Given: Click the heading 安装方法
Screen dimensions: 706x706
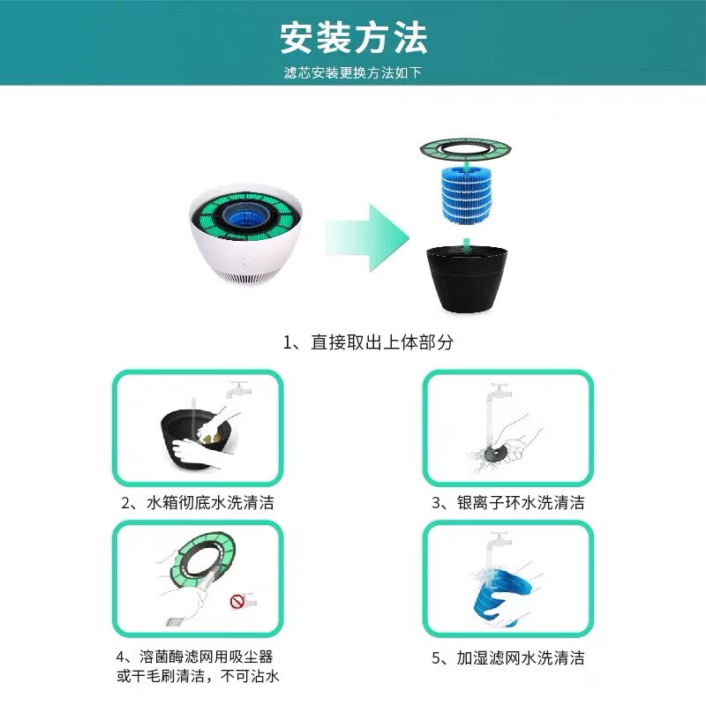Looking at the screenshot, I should tap(353, 38).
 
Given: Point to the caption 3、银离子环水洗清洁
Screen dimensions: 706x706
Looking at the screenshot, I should tap(507, 503).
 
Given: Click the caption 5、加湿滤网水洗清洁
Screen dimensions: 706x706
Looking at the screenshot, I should tap(507, 657).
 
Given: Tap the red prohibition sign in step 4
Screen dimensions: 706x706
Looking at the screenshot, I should tap(237, 602).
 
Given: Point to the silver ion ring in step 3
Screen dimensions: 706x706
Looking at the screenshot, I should tap(491, 450).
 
